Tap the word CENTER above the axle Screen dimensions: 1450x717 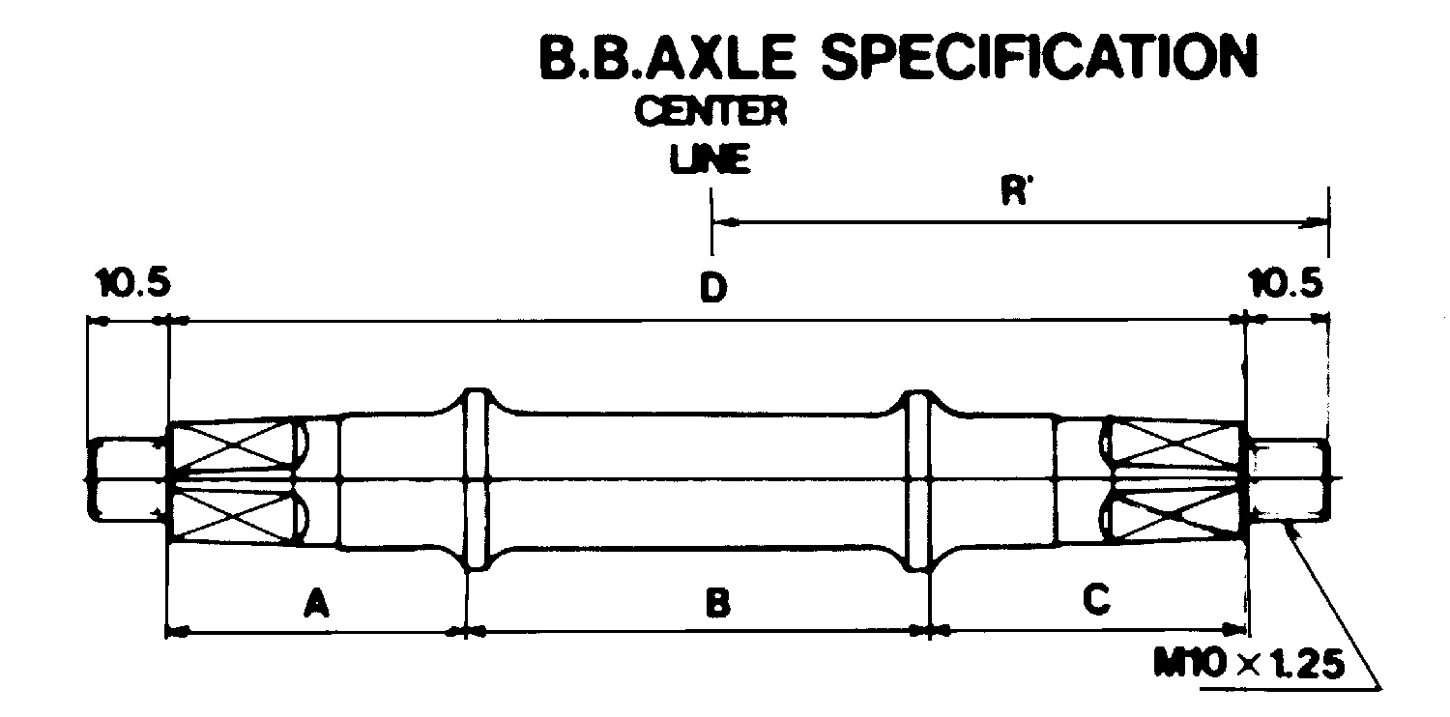pyautogui.click(x=710, y=111)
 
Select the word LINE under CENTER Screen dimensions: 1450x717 pyautogui.click(x=710, y=158)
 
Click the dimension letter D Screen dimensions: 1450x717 pyautogui.click(x=713, y=288)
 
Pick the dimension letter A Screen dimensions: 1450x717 pyautogui.click(x=316, y=602)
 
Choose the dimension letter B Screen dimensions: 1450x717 pyautogui.click(x=718, y=602)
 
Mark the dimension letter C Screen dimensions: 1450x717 pyautogui.click(x=1096, y=598)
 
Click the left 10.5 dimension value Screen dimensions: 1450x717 pyautogui.click(x=133, y=283)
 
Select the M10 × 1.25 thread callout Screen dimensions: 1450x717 pyautogui.click(x=1249, y=663)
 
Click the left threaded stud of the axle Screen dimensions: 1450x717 pyautogui.click(x=127, y=479)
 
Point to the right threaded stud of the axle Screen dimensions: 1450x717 pyautogui.click(x=1290, y=479)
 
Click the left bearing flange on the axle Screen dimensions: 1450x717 pyautogui.click(x=478, y=479)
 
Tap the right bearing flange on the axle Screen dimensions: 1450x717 pyautogui.click(x=916, y=479)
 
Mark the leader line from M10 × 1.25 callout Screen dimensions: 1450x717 pyautogui.click(x=1334, y=605)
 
